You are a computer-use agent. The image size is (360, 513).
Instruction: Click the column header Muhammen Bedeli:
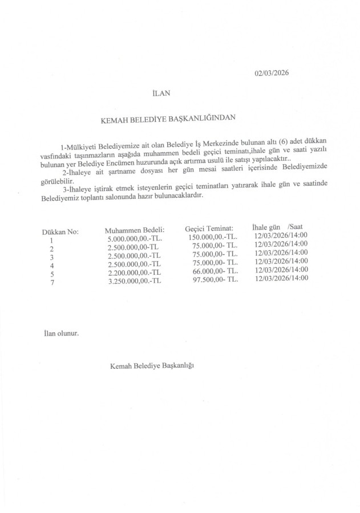[135, 230]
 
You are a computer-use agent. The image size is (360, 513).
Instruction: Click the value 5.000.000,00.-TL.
[135, 239]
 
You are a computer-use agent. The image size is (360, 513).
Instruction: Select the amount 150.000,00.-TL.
[212, 237]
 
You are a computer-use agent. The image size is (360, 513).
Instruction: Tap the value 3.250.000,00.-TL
[135, 280]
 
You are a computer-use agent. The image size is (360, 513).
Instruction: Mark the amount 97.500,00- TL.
[213, 278]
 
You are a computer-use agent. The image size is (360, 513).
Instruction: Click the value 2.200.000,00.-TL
[135, 272]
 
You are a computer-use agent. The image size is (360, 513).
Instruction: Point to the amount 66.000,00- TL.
[213, 270]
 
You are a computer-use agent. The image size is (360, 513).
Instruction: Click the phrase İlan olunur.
[61, 332]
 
